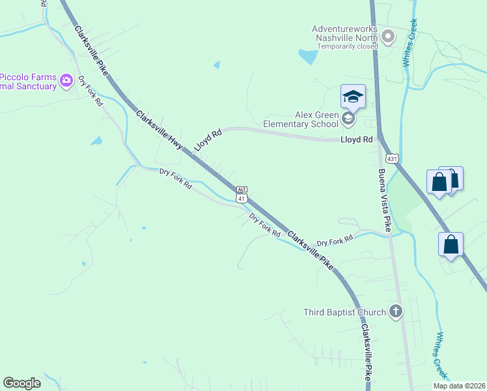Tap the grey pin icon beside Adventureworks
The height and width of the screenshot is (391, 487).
pyautogui.click(x=389, y=36)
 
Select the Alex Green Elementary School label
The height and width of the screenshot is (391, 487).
pyautogui.click(x=300, y=119)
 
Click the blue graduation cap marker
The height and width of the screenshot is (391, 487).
pyautogui.click(x=353, y=97)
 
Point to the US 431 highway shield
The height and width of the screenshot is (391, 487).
pyautogui.click(x=391, y=158)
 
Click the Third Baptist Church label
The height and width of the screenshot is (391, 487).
pyautogui.click(x=344, y=312)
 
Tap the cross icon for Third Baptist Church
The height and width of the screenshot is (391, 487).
pyautogui.click(x=395, y=311)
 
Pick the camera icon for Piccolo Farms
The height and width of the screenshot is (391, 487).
pyautogui.click(x=66, y=80)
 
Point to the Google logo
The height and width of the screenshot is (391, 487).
pyautogui.click(x=21, y=383)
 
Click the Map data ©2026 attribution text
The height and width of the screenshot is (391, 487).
pyautogui.click(x=459, y=386)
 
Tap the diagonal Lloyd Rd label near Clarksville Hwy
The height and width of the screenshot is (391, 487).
pyautogui.click(x=208, y=141)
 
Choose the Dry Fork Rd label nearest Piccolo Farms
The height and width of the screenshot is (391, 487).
pyautogui.click(x=90, y=91)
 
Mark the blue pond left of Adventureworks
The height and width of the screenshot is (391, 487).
pyautogui.click(x=307, y=57)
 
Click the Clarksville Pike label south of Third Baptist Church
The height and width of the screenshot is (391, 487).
pyautogui.click(x=367, y=353)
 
